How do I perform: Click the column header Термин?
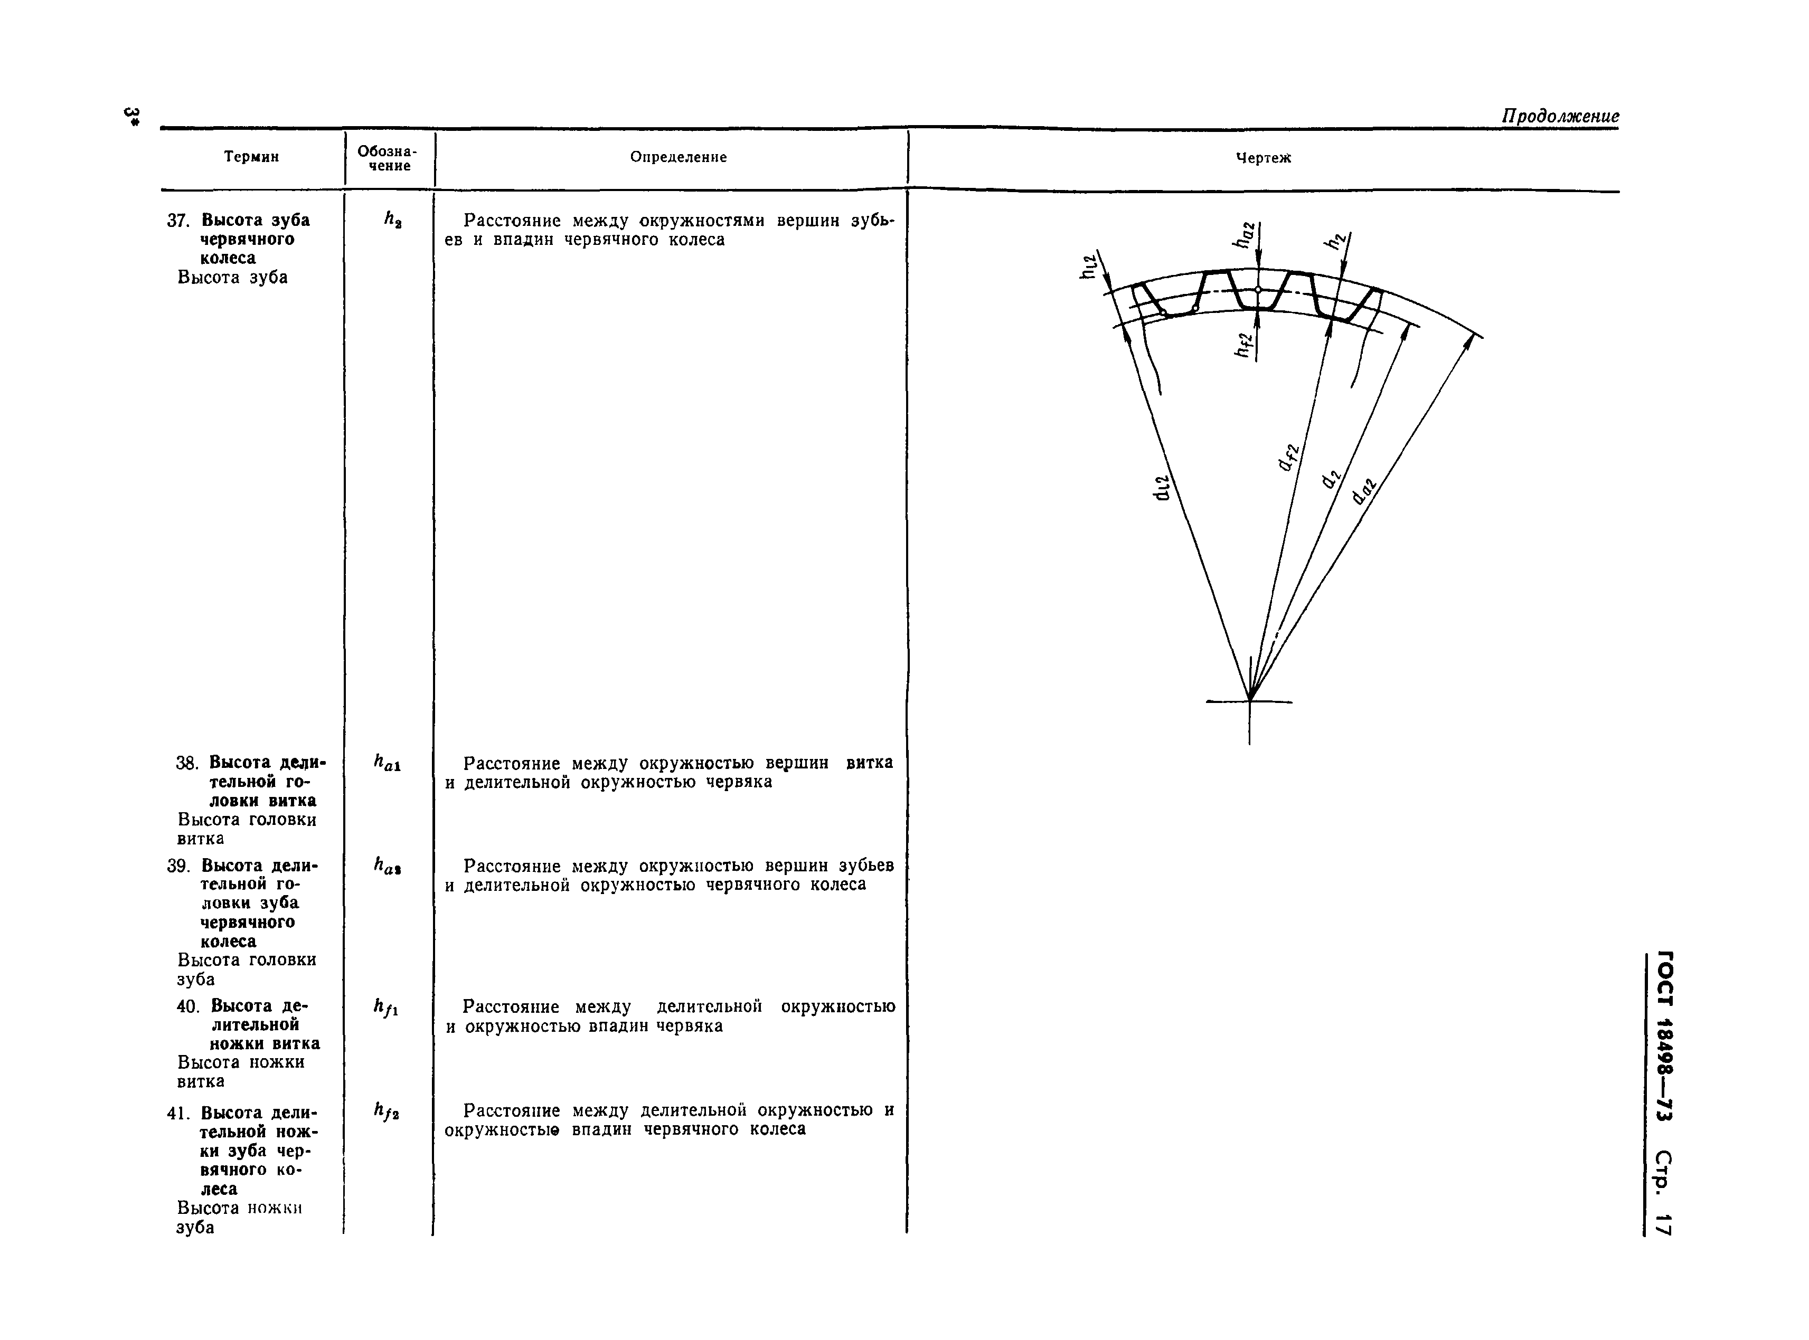pyautogui.click(x=251, y=157)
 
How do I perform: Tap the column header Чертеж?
pyautogui.click(x=1263, y=158)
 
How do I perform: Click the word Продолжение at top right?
pyautogui.click(x=1559, y=116)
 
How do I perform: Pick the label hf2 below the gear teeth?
pyautogui.click(x=1243, y=345)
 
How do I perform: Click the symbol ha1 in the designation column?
pyautogui.click(x=387, y=763)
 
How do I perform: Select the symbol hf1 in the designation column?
pyautogui.click(x=385, y=1008)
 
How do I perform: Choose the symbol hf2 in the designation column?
pyautogui.click(x=385, y=1110)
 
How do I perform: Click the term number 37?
pyautogui.click(x=178, y=221)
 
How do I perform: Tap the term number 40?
pyautogui.click(x=187, y=1006)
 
